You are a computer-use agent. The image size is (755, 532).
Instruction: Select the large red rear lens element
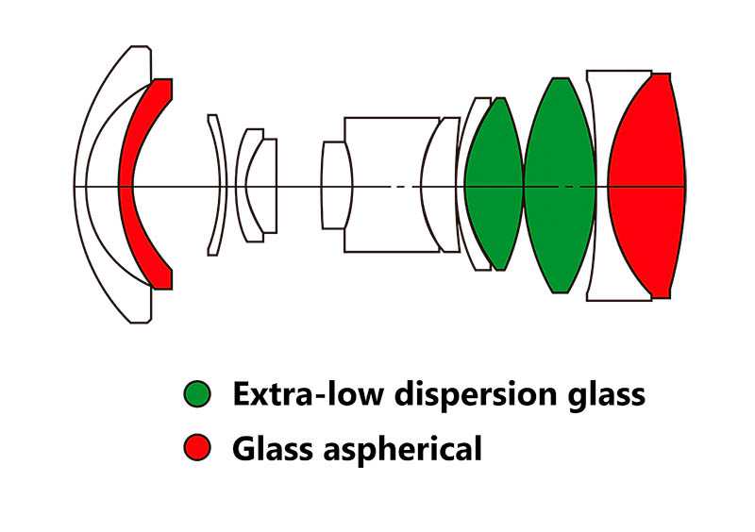646,185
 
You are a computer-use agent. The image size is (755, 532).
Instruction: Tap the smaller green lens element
493,185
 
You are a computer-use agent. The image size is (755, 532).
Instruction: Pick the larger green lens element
560,185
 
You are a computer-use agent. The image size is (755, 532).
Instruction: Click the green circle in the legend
198,394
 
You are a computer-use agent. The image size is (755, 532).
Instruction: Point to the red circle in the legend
198,448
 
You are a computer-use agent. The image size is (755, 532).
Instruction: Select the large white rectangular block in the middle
382,185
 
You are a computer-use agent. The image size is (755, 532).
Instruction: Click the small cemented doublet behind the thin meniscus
255,185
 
